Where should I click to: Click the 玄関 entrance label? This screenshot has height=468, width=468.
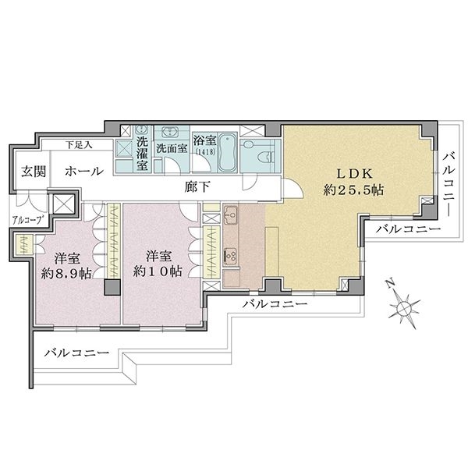click(x=34, y=172)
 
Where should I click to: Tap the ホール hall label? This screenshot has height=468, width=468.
click(x=84, y=172)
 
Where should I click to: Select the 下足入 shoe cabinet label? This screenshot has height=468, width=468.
click(x=79, y=145)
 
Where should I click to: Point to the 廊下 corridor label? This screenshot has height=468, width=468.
click(x=197, y=187)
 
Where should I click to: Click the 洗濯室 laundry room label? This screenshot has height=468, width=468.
click(x=142, y=154)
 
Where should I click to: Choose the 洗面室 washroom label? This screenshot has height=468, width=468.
click(x=172, y=148)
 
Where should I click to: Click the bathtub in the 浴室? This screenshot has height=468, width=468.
click(x=228, y=153)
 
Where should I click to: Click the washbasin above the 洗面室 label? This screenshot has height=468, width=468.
click(x=170, y=132)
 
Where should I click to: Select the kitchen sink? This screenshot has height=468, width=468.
click(x=230, y=214)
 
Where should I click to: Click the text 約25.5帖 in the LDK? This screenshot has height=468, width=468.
click(x=353, y=190)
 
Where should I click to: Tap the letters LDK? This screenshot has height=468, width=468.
click(x=354, y=173)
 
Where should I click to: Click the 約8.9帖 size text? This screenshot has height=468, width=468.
click(x=66, y=273)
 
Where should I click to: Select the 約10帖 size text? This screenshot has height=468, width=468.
click(x=158, y=271)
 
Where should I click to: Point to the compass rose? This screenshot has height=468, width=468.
click(x=404, y=308)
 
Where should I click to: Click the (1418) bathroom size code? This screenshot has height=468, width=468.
click(x=205, y=151)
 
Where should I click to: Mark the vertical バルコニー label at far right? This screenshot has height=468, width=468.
click(x=449, y=183)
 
